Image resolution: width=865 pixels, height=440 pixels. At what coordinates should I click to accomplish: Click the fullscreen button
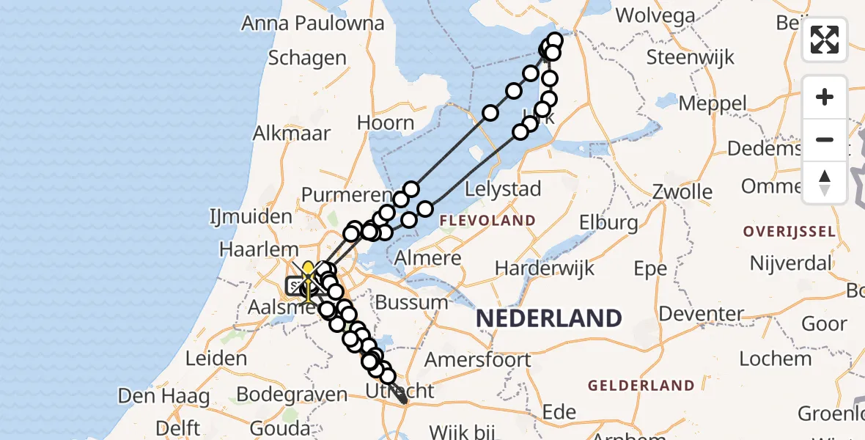[825, 40]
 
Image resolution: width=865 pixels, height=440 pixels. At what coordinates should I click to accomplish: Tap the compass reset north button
[825, 183]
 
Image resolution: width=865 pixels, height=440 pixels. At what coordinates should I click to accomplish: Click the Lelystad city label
[504, 188]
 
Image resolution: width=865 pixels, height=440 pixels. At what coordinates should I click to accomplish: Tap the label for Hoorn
[386, 122]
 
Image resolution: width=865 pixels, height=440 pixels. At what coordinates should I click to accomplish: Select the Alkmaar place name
[291, 133]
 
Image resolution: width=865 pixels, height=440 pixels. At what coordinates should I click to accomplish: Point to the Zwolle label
[682, 192]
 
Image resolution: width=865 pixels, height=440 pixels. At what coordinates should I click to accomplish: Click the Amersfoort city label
[477, 359]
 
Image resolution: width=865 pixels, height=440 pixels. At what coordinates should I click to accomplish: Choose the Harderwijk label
[542, 268]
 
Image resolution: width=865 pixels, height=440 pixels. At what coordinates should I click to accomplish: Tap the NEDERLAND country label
[549, 318]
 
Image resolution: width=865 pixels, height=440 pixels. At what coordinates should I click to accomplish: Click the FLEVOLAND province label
[487, 220]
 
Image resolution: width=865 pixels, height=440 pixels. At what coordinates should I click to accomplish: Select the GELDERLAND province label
[641, 385]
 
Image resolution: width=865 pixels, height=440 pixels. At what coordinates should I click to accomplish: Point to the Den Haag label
[163, 397]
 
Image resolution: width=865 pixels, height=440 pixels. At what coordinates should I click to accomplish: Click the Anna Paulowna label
[313, 23]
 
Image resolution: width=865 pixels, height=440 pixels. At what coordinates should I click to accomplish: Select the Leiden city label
[216, 358]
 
